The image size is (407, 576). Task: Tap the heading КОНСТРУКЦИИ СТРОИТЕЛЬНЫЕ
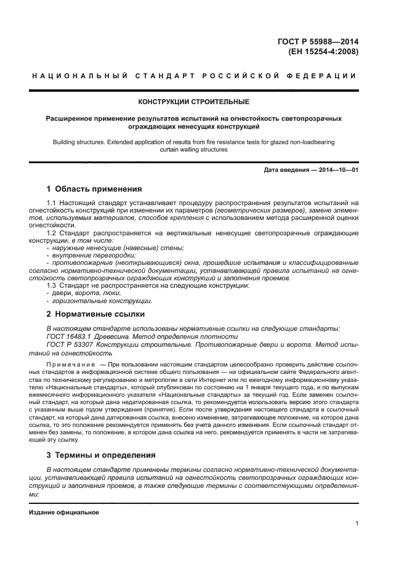click(x=194, y=102)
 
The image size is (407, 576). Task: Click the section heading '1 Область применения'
click(x=94, y=189)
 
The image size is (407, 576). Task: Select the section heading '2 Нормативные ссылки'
click(x=87, y=314)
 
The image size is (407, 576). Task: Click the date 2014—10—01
click(x=337, y=169)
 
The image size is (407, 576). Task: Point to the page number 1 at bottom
click(x=357, y=524)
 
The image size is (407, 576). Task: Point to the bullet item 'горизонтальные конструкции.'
click(x=102, y=301)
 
